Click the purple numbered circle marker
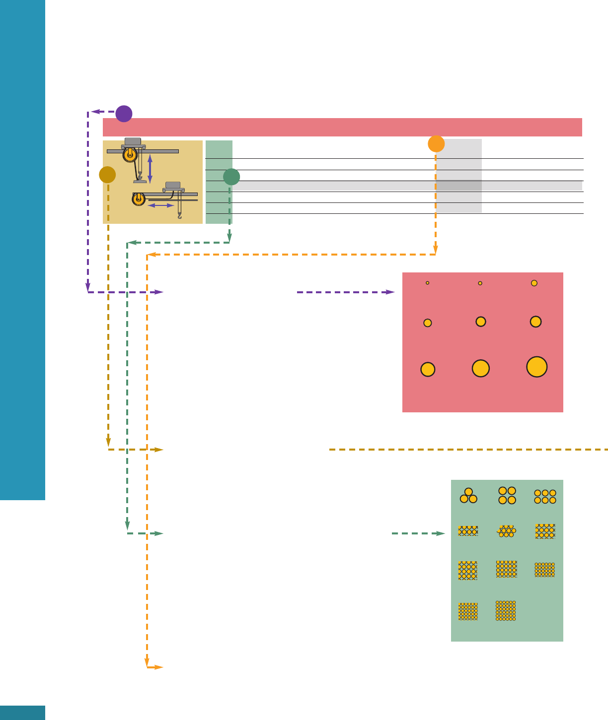(124, 114)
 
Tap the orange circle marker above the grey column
(436, 144)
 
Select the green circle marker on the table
(231, 177)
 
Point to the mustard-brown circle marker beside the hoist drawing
(107, 175)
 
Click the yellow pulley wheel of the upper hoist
(130, 155)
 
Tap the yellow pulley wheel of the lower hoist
(139, 199)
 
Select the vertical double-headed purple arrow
(150, 169)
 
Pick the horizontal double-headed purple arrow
(161, 205)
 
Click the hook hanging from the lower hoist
(179, 215)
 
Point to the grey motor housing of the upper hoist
(133, 141)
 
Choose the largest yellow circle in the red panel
(536, 367)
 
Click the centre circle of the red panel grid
(480, 322)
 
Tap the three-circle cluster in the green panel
(468, 496)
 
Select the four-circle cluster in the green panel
(507, 495)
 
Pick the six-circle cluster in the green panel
(545, 497)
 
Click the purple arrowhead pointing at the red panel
(390, 292)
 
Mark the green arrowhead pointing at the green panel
(441, 533)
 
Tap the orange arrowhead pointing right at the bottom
(158, 667)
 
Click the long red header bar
(342, 127)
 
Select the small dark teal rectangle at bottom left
(22, 713)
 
